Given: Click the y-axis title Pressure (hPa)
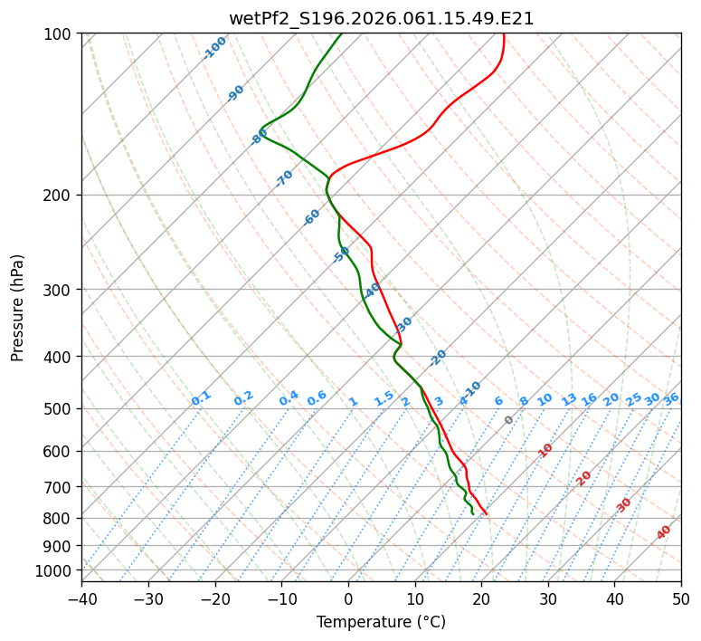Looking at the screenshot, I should point(17,308).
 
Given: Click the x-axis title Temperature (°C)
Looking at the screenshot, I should point(381,622).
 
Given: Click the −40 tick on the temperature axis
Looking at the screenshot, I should point(81,598).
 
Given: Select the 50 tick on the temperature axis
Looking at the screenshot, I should point(681,598).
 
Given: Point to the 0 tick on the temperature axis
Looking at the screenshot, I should point(348,598).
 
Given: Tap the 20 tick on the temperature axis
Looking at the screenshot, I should point(481,598).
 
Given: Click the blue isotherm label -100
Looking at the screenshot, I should point(215,48).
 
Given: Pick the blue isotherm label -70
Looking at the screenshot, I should point(284,178).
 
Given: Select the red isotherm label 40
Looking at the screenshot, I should point(664,532).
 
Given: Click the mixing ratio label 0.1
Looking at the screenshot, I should point(201,398).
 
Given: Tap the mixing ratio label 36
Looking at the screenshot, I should point(671,398).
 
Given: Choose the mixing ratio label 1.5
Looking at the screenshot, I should point(384,398).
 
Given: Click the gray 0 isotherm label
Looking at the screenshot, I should point(509,420).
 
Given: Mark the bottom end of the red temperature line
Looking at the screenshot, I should point(487,514).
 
